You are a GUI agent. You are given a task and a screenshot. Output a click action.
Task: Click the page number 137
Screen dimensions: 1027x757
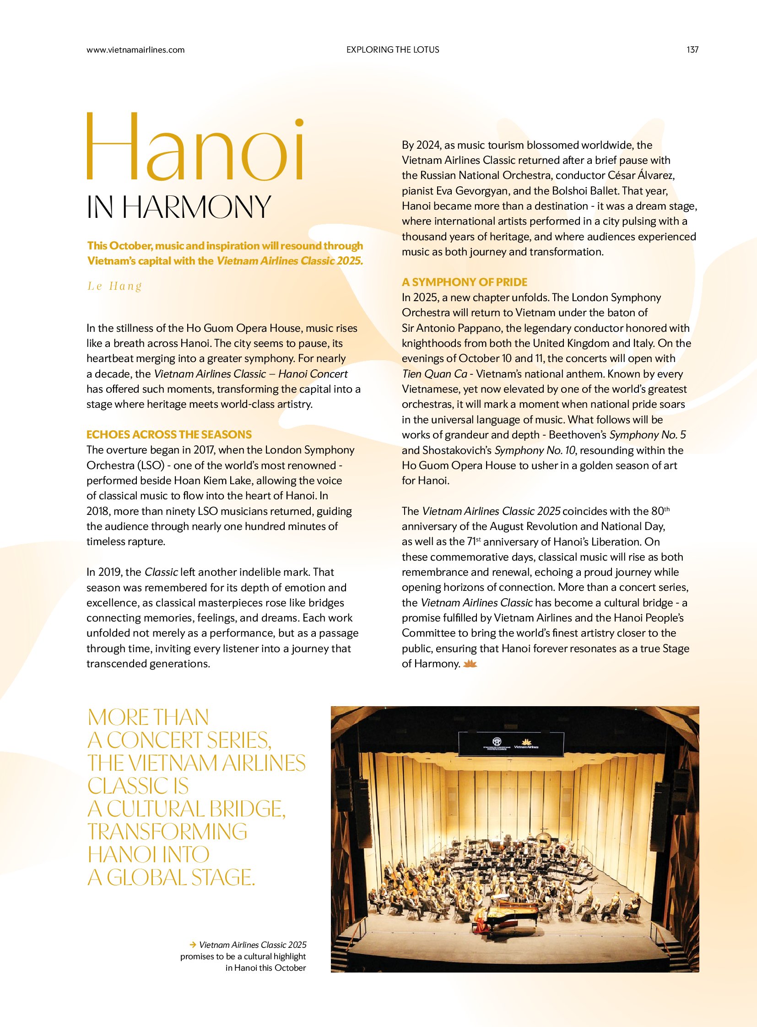click(692, 50)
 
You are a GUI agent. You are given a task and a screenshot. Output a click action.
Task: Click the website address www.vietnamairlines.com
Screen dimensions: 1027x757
click(135, 50)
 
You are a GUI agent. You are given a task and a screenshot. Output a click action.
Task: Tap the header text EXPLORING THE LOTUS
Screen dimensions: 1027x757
click(393, 50)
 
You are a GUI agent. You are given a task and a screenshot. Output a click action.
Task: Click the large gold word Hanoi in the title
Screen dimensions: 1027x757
click(196, 146)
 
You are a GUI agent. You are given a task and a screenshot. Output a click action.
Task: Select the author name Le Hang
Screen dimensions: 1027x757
click(114, 286)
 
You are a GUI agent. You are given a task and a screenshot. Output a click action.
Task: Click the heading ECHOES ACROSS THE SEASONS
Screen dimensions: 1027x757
click(169, 434)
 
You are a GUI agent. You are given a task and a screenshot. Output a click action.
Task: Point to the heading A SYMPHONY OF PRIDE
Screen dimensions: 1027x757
click(464, 282)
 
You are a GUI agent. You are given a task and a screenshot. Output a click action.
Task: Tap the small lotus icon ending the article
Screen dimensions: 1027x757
click(470, 664)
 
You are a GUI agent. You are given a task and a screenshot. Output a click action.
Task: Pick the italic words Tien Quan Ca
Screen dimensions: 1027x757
click(434, 374)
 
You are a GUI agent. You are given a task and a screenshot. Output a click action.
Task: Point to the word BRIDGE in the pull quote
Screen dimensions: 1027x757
click(241, 809)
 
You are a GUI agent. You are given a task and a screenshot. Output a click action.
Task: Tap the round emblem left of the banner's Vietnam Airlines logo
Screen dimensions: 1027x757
click(497, 741)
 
